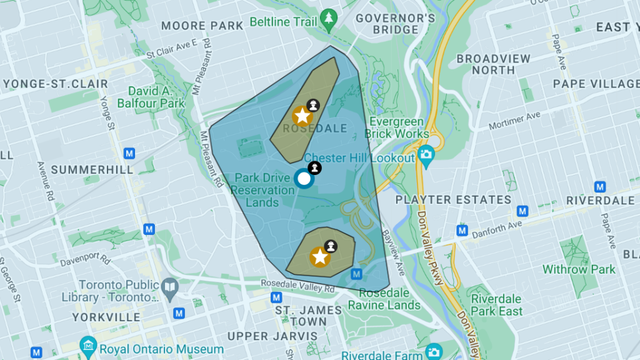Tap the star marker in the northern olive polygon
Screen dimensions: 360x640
(x=302, y=116)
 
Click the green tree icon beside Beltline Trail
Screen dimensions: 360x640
(x=329, y=21)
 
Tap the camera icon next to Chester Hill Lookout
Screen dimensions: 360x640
(x=426, y=154)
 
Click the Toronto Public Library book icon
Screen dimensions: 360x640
(x=170, y=287)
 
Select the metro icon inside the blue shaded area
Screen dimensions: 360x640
(x=356, y=274)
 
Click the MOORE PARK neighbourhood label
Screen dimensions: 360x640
(x=202, y=26)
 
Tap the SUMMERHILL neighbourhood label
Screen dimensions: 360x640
(x=92, y=170)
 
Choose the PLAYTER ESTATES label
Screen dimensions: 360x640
(x=453, y=201)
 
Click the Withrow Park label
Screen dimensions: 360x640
(x=579, y=270)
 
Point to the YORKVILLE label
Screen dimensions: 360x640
(x=106, y=317)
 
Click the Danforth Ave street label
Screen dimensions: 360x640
(x=497, y=229)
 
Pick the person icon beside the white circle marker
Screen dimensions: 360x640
(x=315, y=167)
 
